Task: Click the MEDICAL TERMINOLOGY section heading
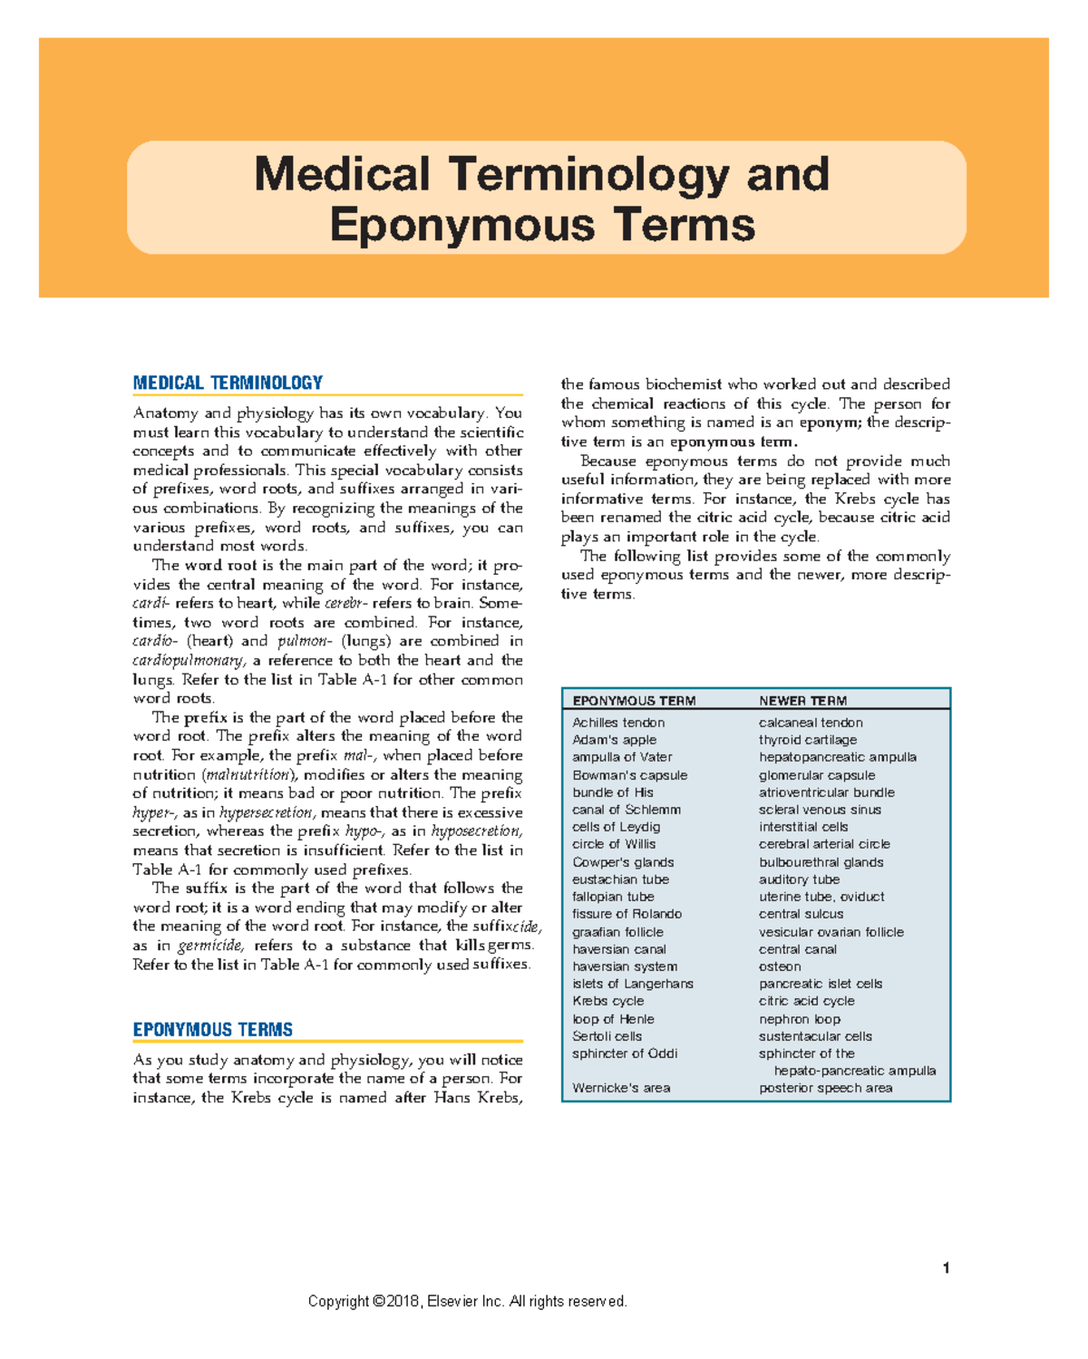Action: point(228,383)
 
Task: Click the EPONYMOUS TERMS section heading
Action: point(212,1029)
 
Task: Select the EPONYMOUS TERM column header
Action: point(634,701)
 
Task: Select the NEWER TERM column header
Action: point(802,701)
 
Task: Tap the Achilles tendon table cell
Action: point(618,723)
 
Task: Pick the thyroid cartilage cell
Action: point(807,740)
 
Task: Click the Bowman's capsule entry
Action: point(629,775)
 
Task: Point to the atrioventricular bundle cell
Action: point(826,792)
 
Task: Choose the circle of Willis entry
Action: point(614,844)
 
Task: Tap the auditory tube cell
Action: point(799,879)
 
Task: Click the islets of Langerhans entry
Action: point(632,984)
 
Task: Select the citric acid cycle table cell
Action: point(806,1001)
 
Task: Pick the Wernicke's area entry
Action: point(621,1088)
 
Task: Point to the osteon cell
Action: point(779,966)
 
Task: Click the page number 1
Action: point(946,1267)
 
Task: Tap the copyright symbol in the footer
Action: point(378,1302)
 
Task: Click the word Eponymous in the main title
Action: point(462,224)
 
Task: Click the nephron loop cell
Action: point(799,1019)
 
